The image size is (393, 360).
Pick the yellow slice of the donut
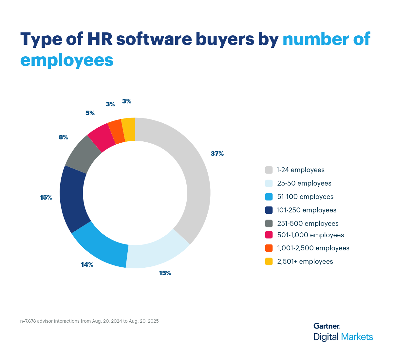[129, 130]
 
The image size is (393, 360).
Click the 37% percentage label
[217, 153]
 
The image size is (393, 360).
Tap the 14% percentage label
[87, 264]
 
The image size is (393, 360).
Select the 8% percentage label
[64, 137]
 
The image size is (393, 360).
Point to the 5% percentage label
[90, 113]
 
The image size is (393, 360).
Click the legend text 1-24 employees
[300, 170]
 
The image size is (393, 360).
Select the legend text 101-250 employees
[306, 210]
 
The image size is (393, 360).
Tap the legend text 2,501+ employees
[305, 261]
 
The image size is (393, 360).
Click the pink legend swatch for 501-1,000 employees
[269, 235]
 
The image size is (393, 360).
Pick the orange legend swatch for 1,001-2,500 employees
[269, 248]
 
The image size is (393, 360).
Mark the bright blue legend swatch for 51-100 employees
[269, 197]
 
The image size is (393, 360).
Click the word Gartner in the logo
[326, 326]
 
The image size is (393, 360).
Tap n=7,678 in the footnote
[28, 321]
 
